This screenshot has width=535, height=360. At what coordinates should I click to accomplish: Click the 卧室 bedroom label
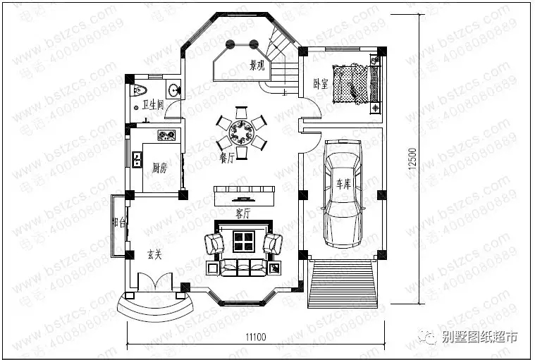[320, 84]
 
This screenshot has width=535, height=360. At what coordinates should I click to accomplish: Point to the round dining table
[242, 130]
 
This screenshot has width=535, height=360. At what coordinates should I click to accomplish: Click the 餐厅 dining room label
[228, 159]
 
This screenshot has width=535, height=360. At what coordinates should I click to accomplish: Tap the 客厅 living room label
[243, 213]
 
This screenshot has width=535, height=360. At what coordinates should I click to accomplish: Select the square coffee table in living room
[243, 242]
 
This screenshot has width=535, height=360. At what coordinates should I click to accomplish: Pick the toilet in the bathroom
[139, 89]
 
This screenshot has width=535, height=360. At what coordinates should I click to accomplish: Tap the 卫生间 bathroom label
[152, 105]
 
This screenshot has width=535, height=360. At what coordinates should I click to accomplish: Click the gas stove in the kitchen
[167, 135]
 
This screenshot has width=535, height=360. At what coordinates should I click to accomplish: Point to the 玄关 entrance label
[154, 254]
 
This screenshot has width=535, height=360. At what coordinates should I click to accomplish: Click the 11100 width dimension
[257, 337]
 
